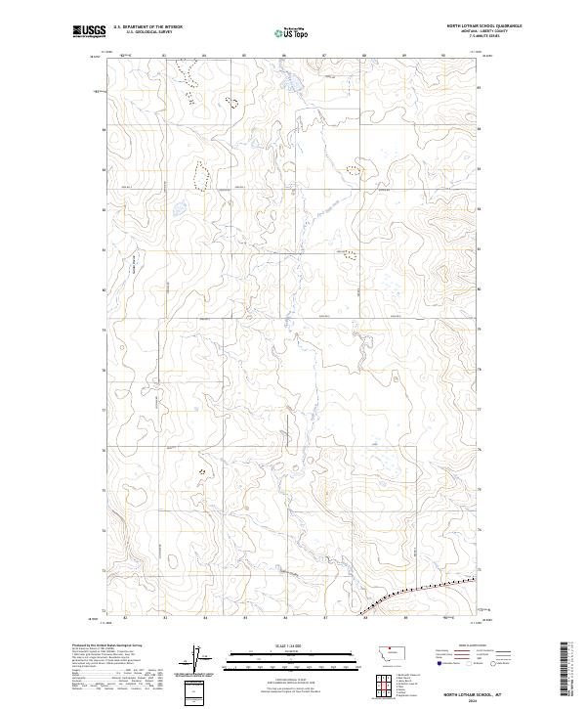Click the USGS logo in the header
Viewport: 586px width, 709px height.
[x=90, y=31]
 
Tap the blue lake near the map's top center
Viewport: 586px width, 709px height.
[x=290, y=87]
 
